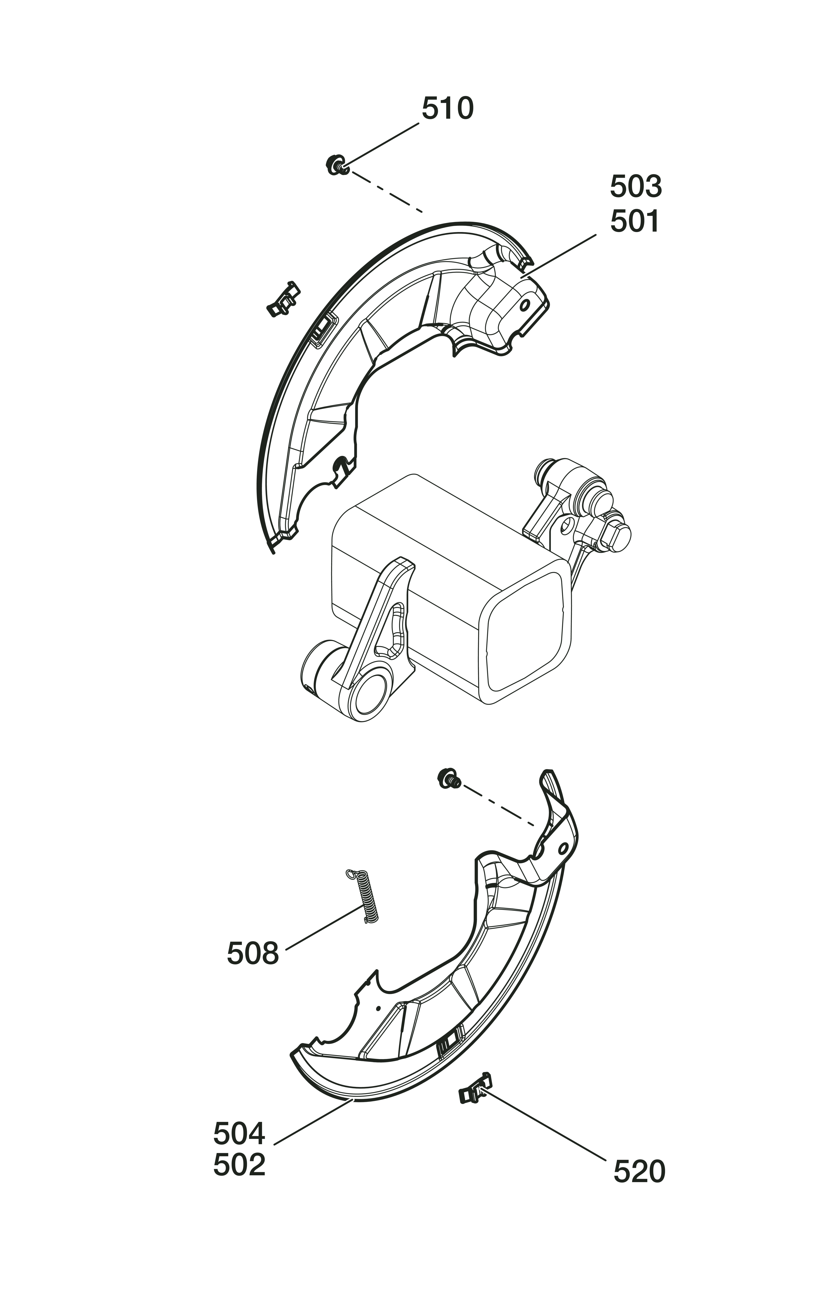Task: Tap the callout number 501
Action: click(x=635, y=221)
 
